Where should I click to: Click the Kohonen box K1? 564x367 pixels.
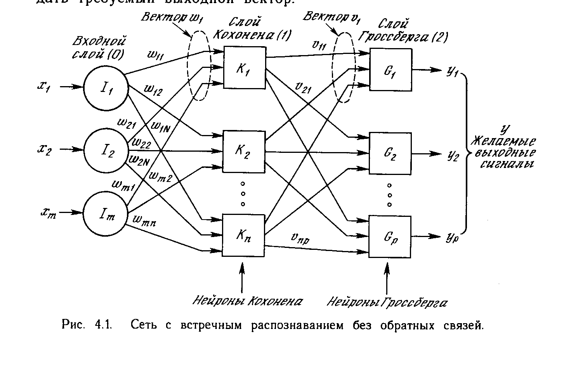click(x=243, y=70)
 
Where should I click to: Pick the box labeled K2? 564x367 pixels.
click(x=243, y=152)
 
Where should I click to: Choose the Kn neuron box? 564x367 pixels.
click(x=243, y=235)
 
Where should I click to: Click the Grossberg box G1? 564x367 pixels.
click(x=390, y=70)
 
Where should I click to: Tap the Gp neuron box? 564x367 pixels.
click(x=390, y=236)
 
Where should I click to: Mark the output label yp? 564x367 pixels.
click(x=453, y=237)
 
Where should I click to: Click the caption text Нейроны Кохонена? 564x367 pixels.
click(x=248, y=301)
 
